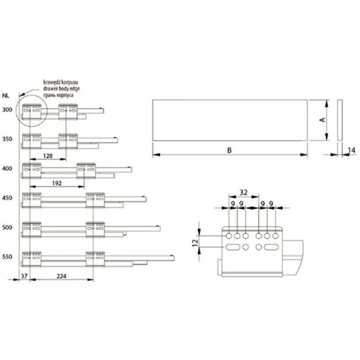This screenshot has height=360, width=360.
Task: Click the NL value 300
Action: pos(7,110)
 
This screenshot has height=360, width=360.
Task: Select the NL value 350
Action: pos(7,139)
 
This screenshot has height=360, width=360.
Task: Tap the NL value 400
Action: pos(7,168)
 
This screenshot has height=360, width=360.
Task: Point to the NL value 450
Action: pos(7,197)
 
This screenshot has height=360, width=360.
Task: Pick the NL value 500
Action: pos(7,226)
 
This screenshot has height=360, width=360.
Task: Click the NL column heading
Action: pos(6,95)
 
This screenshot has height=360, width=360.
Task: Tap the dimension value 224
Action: pos(61,277)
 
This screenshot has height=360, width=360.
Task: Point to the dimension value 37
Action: pos(24,277)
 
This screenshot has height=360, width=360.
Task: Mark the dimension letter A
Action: pos(322,120)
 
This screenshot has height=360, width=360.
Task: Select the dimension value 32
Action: pos(244,192)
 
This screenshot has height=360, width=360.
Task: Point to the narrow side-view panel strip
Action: pos(339,120)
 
